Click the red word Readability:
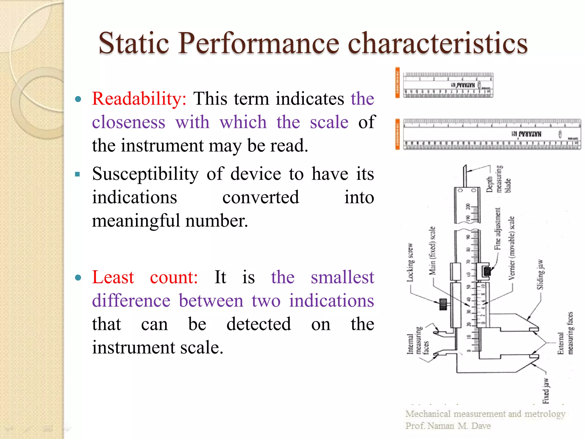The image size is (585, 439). pyautogui.click(x=139, y=99)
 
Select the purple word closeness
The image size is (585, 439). pyautogui.click(x=129, y=122)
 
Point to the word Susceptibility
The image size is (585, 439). pyautogui.click(x=145, y=174)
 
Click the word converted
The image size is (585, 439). pyautogui.click(x=261, y=197)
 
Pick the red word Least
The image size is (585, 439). pyautogui.click(x=113, y=277)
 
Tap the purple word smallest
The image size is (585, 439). pyautogui.click(x=342, y=277)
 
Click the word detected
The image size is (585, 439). pyautogui.click(x=259, y=324)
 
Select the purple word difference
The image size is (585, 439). pyautogui.click(x=131, y=301)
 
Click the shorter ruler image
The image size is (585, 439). pyautogui.click(x=448, y=85)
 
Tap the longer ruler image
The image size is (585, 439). pyautogui.click(x=491, y=134)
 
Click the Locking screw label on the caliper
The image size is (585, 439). pyautogui.click(x=410, y=262)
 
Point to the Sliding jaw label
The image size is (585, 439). pyautogui.click(x=540, y=274)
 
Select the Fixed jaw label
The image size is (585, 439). pyautogui.click(x=546, y=390)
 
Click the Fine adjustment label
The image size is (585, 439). pyautogui.click(x=498, y=229)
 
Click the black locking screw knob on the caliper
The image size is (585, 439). pyautogui.click(x=443, y=304)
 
